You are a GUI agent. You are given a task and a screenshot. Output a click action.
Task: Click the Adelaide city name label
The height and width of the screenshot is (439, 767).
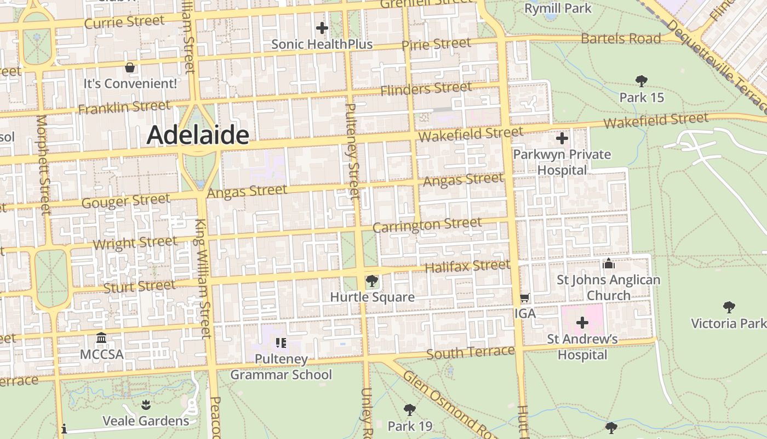tap(198, 134)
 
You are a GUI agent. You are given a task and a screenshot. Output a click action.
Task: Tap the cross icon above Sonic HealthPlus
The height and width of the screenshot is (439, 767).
tap(322, 27)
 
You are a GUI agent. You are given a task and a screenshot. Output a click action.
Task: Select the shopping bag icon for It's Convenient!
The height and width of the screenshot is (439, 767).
tap(130, 67)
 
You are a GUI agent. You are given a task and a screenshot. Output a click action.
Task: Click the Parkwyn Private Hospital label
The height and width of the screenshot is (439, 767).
tap(562, 162)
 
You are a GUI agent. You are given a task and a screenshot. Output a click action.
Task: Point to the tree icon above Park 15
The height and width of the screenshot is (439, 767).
tap(641, 81)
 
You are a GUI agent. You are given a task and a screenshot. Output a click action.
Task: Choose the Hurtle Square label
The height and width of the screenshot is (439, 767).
tap(372, 297)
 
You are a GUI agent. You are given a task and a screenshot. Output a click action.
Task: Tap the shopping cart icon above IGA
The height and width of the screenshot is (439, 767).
tap(524, 298)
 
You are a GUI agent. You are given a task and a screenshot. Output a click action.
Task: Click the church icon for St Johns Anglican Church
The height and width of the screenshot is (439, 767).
tap(608, 264)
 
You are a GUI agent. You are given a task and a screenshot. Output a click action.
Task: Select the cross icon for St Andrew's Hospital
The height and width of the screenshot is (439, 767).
tap(582, 323)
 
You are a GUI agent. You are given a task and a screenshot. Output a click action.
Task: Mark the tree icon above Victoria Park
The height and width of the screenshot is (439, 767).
tap(729, 307)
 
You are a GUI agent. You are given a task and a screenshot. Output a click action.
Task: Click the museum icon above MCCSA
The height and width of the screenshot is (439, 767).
tap(101, 337)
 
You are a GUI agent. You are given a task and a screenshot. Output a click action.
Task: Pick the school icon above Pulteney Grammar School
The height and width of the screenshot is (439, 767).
tap(281, 344)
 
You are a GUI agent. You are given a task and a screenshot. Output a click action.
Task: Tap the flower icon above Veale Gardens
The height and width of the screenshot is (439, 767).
tap(146, 405)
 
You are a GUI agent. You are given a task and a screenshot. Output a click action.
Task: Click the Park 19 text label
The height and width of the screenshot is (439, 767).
tap(410, 426)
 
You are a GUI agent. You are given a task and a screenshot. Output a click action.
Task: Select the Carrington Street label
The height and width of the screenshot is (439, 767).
tap(427, 225)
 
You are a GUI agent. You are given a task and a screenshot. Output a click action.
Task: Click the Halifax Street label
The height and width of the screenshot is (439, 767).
tap(467, 267)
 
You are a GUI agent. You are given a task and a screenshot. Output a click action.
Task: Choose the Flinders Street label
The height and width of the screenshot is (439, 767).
tap(426, 88)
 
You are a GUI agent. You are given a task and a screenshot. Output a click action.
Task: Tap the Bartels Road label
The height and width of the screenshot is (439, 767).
tap(621, 39)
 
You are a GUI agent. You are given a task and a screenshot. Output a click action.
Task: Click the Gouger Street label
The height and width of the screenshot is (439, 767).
tap(125, 201)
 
